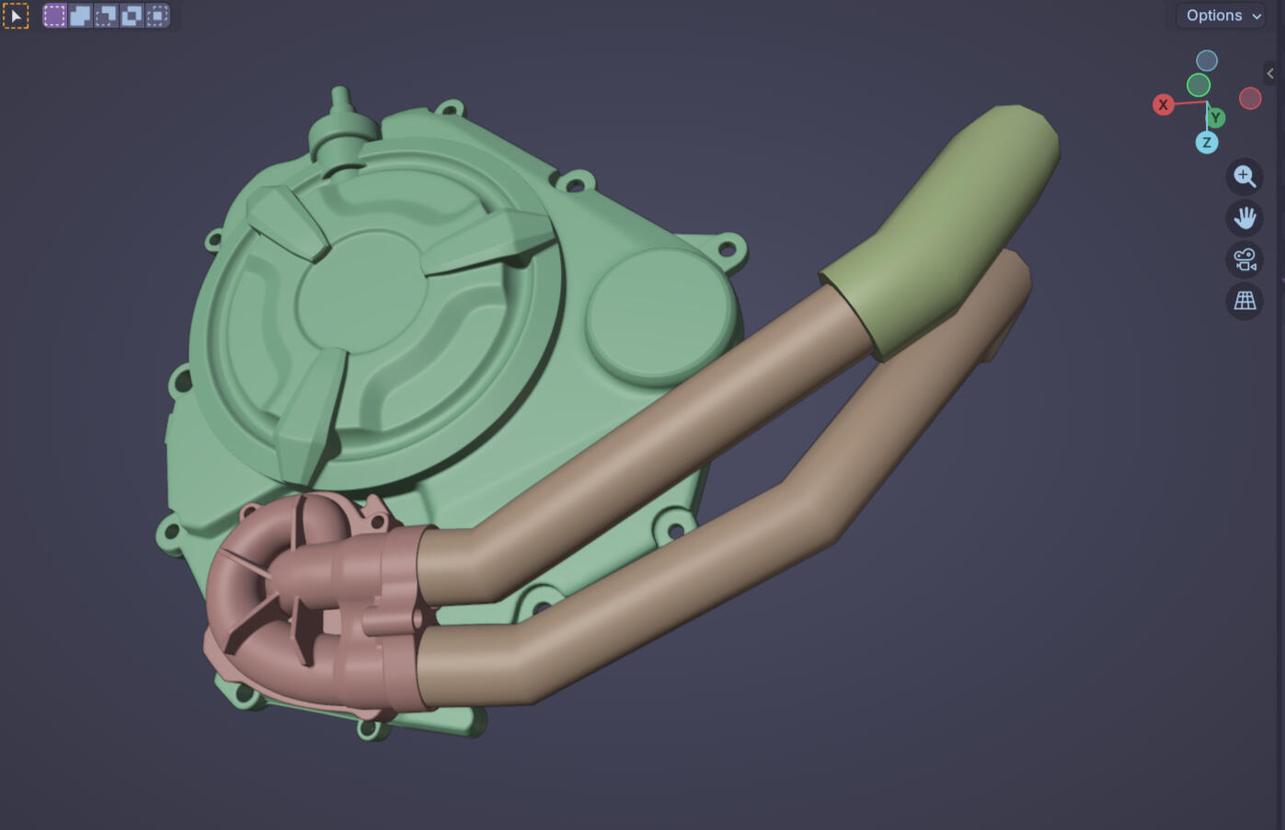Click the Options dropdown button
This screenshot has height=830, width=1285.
[x=1222, y=16]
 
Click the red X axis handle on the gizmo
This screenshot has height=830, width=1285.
[x=1163, y=105]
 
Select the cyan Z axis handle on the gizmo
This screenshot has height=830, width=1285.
[x=1206, y=143]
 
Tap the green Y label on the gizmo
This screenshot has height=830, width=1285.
[x=1216, y=118]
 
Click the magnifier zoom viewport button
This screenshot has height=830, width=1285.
[x=1245, y=176]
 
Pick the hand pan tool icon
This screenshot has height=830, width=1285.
[x=1245, y=218]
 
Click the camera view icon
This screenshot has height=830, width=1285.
[x=1245, y=259]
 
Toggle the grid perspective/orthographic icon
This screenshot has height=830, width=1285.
[x=1245, y=301]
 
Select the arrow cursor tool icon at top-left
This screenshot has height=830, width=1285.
[x=16, y=16]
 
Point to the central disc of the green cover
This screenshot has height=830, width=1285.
[x=361, y=292]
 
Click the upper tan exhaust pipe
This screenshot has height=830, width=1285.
[x=644, y=442]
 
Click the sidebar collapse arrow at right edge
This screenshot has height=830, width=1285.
[x=1270, y=74]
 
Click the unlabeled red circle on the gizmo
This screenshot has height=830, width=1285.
[x=1249, y=98]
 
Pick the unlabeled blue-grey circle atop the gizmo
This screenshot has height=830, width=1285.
[x=1206, y=61]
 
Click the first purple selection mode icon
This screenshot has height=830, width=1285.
[x=55, y=16]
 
